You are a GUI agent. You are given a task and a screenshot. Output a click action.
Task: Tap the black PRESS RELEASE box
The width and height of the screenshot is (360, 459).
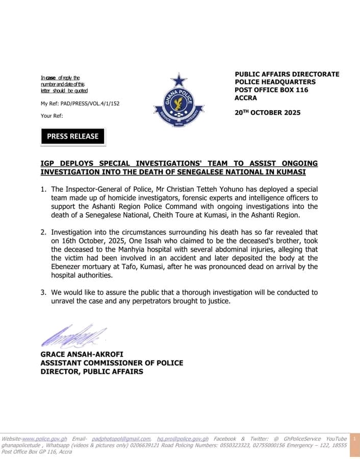(x=72, y=136)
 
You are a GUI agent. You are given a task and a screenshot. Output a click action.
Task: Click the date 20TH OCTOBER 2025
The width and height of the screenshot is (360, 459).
(x=267, y=113)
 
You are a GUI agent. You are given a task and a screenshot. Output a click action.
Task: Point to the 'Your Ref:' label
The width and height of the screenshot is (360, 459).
(x=52, y=116)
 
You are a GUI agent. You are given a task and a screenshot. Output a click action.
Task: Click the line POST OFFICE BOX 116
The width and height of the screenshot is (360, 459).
(x=271, y=90)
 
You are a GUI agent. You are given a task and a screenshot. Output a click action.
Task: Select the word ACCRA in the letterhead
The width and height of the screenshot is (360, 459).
(x=246, y=98)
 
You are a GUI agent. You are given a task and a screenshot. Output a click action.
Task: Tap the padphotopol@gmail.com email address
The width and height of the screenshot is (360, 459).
(x=121, y=439)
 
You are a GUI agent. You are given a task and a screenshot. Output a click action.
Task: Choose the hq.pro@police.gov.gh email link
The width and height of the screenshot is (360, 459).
(x=183, y=439)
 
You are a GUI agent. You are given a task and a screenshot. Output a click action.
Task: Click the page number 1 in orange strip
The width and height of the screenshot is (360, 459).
(x=354, y=439)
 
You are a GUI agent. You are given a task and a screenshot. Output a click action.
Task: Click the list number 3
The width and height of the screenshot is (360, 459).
(x=43, y=293)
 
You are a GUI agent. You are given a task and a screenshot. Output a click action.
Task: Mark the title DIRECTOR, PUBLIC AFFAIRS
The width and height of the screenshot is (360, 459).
(x=92, y=371)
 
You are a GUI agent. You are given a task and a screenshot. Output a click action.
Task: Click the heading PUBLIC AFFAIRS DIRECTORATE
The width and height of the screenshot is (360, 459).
(x=287, y=74)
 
